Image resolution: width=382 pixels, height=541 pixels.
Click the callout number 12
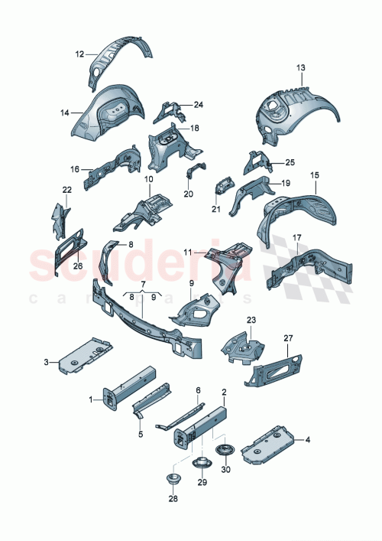pos(79,54)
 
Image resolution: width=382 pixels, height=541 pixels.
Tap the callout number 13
pos(300,69)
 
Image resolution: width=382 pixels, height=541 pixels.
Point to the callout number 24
pos(198,105)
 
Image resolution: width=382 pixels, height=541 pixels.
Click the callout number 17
pos(296,238)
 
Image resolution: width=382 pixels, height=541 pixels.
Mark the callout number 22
pos(66,190)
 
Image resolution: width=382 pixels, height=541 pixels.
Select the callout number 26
pos(77,266)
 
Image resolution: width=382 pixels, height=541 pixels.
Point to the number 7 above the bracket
pos(141,284)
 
